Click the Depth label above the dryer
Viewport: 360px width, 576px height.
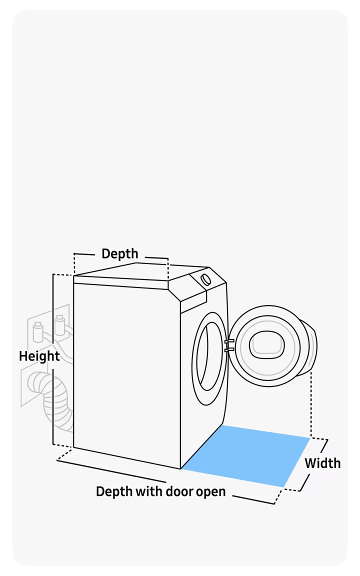click(x=120, y=253)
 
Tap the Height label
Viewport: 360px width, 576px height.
click(x=39, y=356)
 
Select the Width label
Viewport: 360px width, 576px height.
click(x=322, y=463)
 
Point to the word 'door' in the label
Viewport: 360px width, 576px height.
click(x=181, y=491)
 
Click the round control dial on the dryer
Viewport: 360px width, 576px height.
click(x=205, y=279)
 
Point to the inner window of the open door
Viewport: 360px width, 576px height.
click(x=267, y=345)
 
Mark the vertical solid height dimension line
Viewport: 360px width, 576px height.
click(x=53, y=360)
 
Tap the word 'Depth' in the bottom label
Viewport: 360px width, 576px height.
click(x=113, y=492)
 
